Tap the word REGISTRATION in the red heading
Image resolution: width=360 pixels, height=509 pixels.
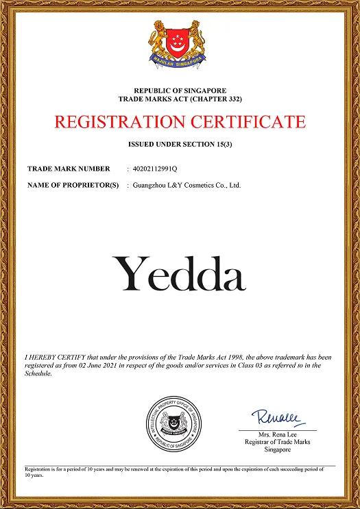(x=118, y=123)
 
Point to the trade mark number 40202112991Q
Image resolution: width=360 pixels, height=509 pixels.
(x=155, y=169)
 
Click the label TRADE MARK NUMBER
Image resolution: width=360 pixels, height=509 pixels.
(x=69, y=169)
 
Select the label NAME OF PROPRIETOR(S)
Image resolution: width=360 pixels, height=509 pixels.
(x=73, y=185)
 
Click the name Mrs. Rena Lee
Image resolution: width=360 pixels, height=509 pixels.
(x=278, y=436)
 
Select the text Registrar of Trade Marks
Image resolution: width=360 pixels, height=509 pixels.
(x=278, y=443)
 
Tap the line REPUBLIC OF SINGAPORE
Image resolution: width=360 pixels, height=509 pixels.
(x=180, y=90)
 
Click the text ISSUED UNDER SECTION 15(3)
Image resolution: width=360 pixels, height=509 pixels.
(x=180, y=145)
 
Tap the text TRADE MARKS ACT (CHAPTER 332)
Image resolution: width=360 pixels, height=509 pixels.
(x=180, y=99)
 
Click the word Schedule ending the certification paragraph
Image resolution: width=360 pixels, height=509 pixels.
(x=38, y=375)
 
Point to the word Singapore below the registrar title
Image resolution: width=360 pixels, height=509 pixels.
(x=278, y=449)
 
